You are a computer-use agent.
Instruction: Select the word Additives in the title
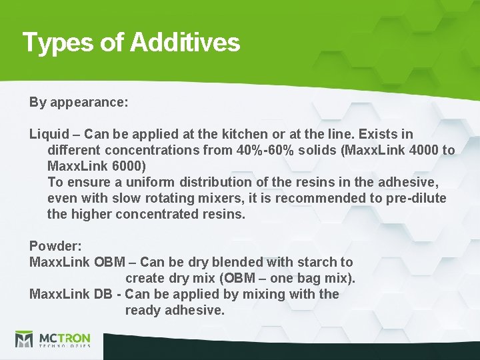(x=185, y=43)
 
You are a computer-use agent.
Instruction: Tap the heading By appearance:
(x=79, y=103)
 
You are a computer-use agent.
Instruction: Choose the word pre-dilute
(x=413, y=199)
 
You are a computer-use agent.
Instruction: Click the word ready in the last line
(x=142, y=311)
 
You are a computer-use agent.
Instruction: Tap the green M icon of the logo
(x=24, y=339)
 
